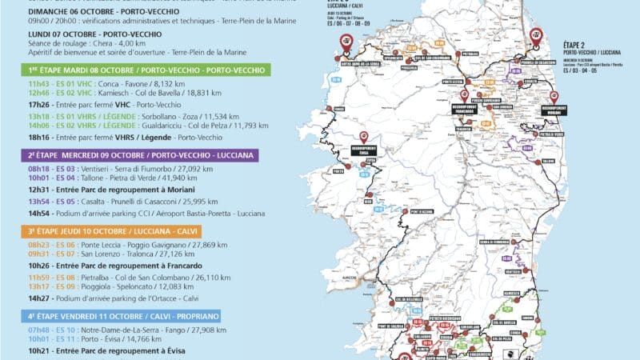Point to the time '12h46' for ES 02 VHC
coord(38,92)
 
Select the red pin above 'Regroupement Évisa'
coord(364,137)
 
